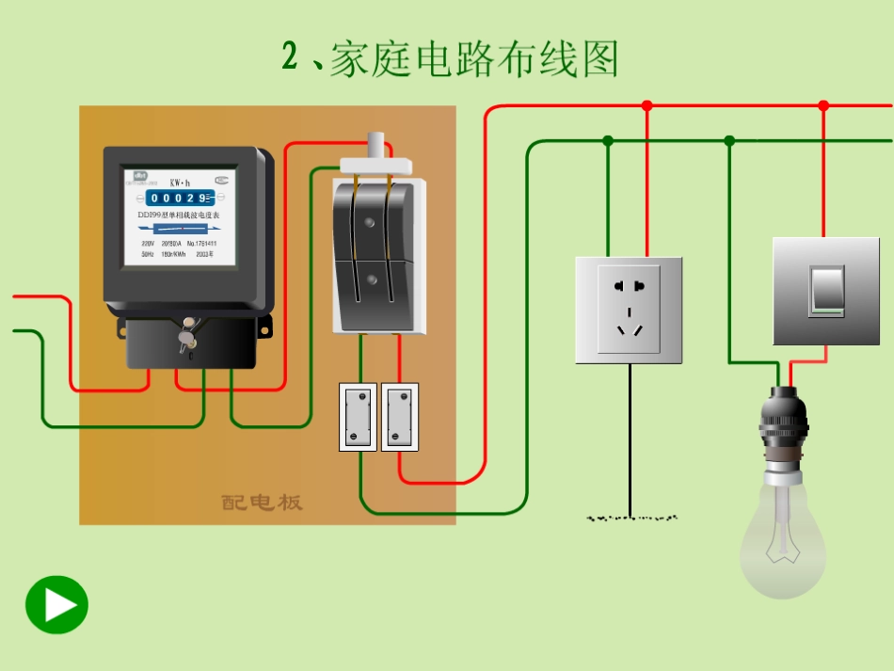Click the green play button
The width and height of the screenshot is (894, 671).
[56, 604]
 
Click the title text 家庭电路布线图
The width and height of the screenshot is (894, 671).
[473, 58]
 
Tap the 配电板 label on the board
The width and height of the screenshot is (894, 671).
[263, 502]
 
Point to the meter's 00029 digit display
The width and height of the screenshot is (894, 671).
[179, 198]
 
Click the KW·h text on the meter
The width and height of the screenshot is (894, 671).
[180, 182]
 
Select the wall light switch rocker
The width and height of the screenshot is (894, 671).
[827, 289]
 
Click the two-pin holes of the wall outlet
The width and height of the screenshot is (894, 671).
[629, 285]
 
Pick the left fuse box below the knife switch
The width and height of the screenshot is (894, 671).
[358, 416]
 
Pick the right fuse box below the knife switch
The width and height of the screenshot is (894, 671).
[400, 416]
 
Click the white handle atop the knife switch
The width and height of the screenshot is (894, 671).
[375, 146]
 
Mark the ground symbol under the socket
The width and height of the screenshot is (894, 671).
[631, 518]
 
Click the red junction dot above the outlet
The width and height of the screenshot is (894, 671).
[647, 105]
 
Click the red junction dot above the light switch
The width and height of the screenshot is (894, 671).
[823, 105]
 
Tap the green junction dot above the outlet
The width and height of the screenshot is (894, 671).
[608, 140]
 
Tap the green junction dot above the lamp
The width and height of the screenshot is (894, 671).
[729, 140]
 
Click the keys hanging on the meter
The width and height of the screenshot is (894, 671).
[187, 335]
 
